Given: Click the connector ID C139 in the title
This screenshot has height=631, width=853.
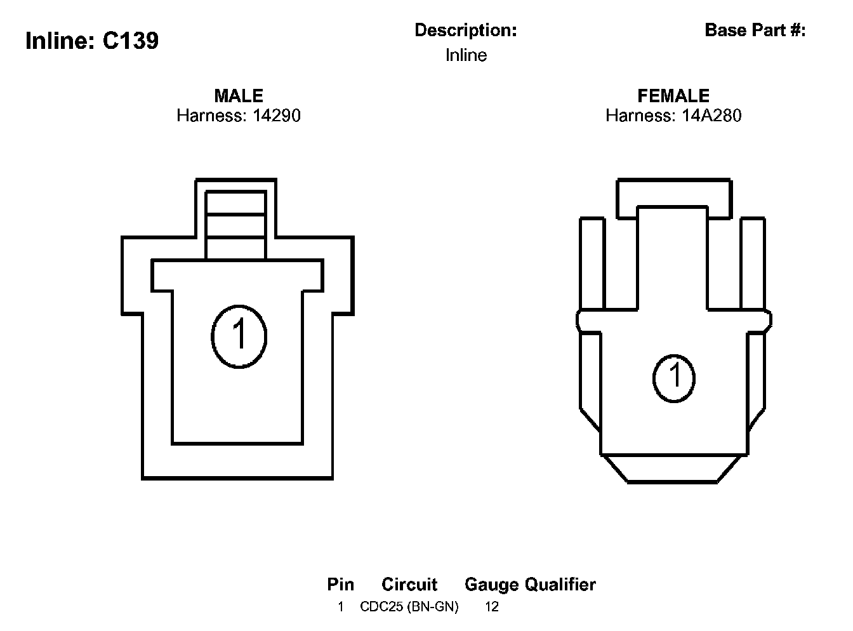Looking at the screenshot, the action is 130,41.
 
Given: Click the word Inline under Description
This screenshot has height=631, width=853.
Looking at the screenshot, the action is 466,55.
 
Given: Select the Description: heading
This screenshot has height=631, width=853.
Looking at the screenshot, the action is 465,30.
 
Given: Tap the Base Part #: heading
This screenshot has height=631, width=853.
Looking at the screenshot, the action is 755,30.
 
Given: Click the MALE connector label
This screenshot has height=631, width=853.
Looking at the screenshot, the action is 239,96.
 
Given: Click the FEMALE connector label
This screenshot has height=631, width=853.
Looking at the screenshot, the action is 673,96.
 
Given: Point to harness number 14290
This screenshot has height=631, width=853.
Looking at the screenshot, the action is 276,116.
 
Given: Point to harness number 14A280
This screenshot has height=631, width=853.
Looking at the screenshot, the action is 711,116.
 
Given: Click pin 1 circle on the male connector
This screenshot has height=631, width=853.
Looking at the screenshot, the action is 239,336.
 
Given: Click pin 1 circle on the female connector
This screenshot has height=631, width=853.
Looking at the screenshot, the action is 673,378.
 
